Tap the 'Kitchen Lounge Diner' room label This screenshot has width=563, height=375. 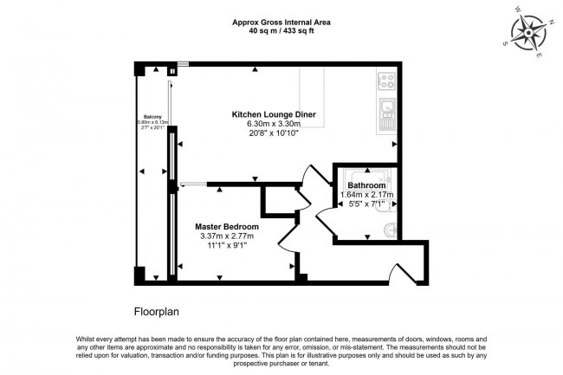pyautogui.click(x=273, y=114)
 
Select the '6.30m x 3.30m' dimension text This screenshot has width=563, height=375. pyautogui.click(x=273, y=124)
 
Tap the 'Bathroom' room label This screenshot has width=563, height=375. pyautogui.click(x=366, y=186)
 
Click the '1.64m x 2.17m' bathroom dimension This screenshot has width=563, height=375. pyautogui.click(x=366, y=195)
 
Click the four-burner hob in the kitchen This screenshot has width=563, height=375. pyautogui.click(x=385, y=81)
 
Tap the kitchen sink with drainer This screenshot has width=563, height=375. pyautogui.click(x=386, y=115)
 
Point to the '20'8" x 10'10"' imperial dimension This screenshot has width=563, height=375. pyautogui.click(x=273, y=133)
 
